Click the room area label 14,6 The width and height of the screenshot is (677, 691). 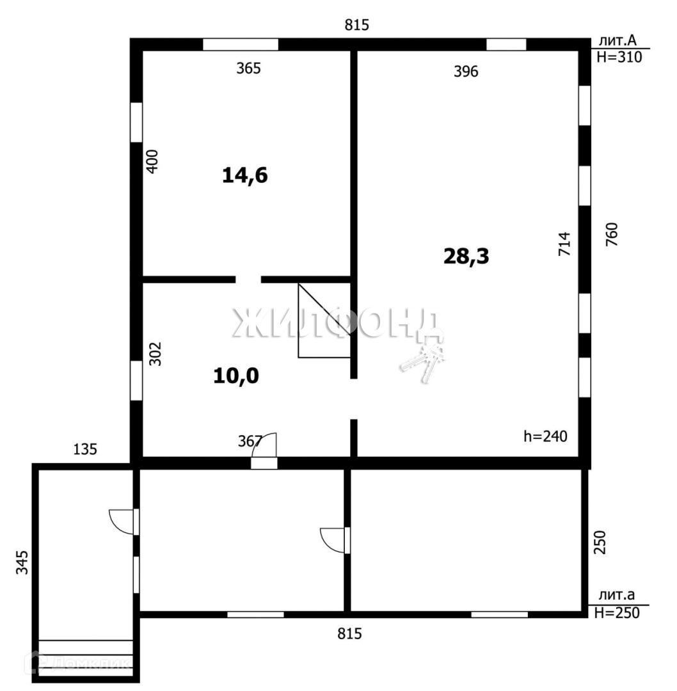coord(245,176)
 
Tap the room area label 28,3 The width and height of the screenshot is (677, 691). coord(466,257)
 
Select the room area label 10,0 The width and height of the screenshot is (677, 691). coord(236,376)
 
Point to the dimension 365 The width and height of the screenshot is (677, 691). coord(248,68)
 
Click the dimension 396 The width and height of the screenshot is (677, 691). coord(466,72)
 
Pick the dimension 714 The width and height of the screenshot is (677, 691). coord(564,244)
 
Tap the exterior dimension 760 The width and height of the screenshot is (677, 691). coord(612,234)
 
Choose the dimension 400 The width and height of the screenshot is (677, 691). coord(152,162)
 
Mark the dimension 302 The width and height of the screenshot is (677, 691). coord(155,354)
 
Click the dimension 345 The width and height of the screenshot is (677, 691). coord(22,562)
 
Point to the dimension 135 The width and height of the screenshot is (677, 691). coord(85,450)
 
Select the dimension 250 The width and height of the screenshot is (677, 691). coord(600,542)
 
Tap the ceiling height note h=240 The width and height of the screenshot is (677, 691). coord(545,436)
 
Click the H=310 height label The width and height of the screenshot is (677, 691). coord(619,57)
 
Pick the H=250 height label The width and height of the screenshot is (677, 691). coord(617,612)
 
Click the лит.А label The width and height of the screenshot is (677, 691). coord(617,40)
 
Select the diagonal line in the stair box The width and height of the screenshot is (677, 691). coord(324,309)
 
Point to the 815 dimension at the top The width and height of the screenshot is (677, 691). coord(356,25)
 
